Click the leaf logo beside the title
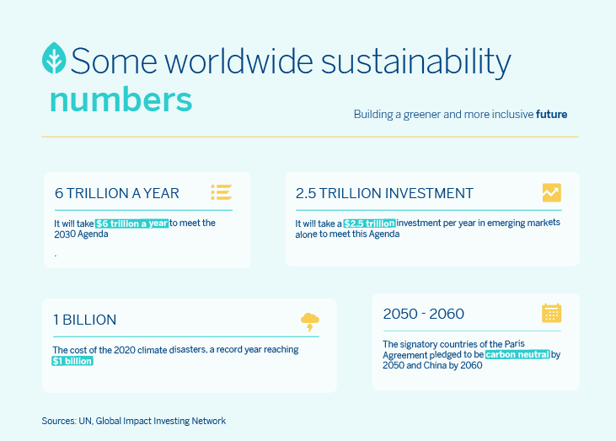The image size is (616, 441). tap(54, 58)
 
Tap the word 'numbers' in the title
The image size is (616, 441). tap(121, 99)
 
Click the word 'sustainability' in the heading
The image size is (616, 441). tap(416, 62)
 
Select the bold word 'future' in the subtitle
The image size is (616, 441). tap(552, 115)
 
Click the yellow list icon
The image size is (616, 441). tap(222, 192)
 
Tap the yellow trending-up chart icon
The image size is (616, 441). tap(552, 192)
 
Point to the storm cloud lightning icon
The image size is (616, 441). tap(310, 322)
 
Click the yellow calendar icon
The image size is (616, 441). tap(552, 314)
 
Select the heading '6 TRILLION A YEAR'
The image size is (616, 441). tap(117, 193)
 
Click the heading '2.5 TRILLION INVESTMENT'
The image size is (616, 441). tap(384, 193)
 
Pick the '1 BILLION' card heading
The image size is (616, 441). tap(85, 320)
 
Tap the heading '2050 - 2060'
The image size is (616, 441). tap(424, 314)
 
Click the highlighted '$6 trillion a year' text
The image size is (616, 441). tap(131, 223)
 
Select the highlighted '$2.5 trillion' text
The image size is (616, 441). tap(369, 223)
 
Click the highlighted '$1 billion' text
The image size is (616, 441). tap(72, 361)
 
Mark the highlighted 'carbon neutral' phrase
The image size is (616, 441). tap(517, 354)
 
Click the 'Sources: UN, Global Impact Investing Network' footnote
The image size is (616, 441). tap(134, 421)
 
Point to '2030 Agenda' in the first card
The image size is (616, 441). tap(81, 234)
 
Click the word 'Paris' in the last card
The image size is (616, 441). tap(514, 344)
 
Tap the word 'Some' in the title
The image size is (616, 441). tap(114, 62)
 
